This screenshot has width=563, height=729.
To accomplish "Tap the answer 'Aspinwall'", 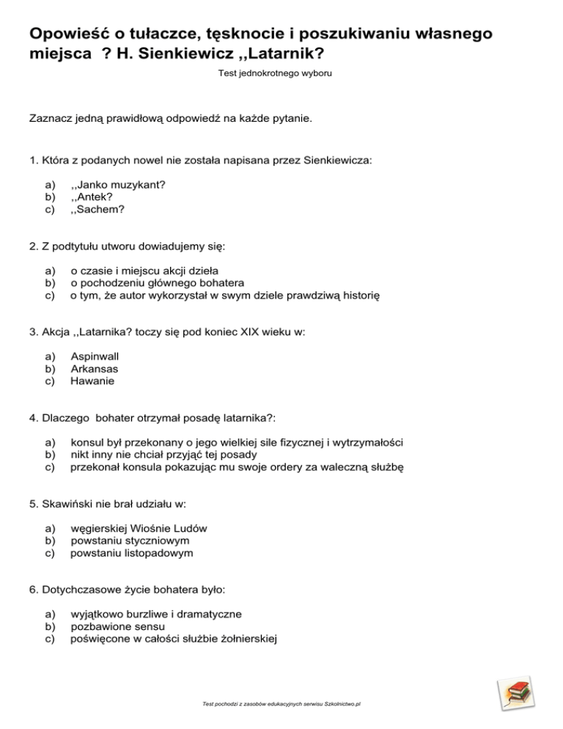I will (95, 356).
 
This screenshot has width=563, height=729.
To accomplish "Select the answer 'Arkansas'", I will (94, 369).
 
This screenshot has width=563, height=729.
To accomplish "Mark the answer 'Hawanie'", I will (92, 381).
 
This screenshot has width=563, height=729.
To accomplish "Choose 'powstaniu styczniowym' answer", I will (125, 541).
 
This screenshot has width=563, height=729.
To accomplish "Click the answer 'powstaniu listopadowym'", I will (132, 553).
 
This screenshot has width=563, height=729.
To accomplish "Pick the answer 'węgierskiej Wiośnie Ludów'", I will (139, 528).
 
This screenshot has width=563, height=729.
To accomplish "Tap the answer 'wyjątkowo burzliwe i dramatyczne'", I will (156, 614).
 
